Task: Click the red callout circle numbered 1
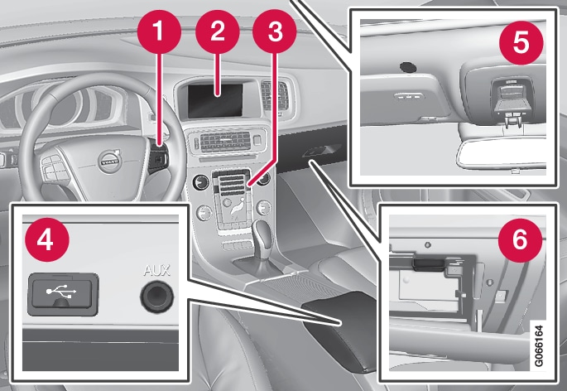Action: [159, 31]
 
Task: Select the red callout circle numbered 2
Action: [218, 31]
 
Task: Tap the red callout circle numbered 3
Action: [275, 31]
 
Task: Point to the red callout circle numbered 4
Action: [46, 239]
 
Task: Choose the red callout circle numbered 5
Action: [521, 43]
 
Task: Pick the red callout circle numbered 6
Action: [520, 239]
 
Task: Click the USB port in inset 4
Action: [63, 294]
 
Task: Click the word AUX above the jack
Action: [156, 270]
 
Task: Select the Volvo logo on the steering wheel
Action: [109, 162]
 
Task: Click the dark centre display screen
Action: [215, 100]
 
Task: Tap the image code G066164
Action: [538, 346]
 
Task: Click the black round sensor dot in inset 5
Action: [408, 67]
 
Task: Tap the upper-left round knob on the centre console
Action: [200, 182]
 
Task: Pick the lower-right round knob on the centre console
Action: [263, 208]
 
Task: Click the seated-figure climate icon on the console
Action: [237, 209]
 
